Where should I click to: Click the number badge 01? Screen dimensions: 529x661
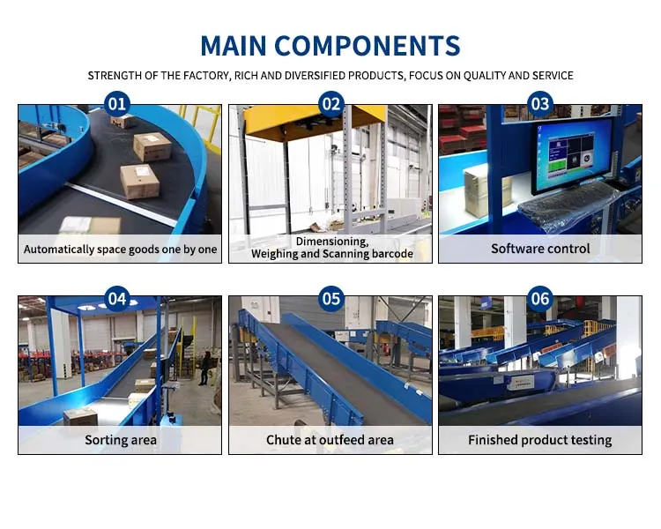(x=117, y=104)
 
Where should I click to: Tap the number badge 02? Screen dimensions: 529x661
(x=330, y=104)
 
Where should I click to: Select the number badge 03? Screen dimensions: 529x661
(x=540, y=104)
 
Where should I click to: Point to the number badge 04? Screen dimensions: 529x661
(x=117, y=298)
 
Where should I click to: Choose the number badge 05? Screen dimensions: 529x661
(x=330, y=298)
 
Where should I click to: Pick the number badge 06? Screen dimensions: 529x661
(x=540, y=298)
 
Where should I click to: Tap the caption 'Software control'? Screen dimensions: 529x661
(x=540, y=249)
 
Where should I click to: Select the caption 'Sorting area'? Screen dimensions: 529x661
(x=121, y=439)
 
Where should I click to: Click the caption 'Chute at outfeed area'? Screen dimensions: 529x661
(x=330, y=439)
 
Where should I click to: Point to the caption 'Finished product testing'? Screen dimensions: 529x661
(x=540, y=439)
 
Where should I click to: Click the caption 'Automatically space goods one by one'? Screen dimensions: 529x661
(x=121, y=250)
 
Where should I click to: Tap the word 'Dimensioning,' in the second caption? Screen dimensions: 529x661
(x=331, y=241)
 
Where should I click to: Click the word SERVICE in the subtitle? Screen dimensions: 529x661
(x=551, y=76)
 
